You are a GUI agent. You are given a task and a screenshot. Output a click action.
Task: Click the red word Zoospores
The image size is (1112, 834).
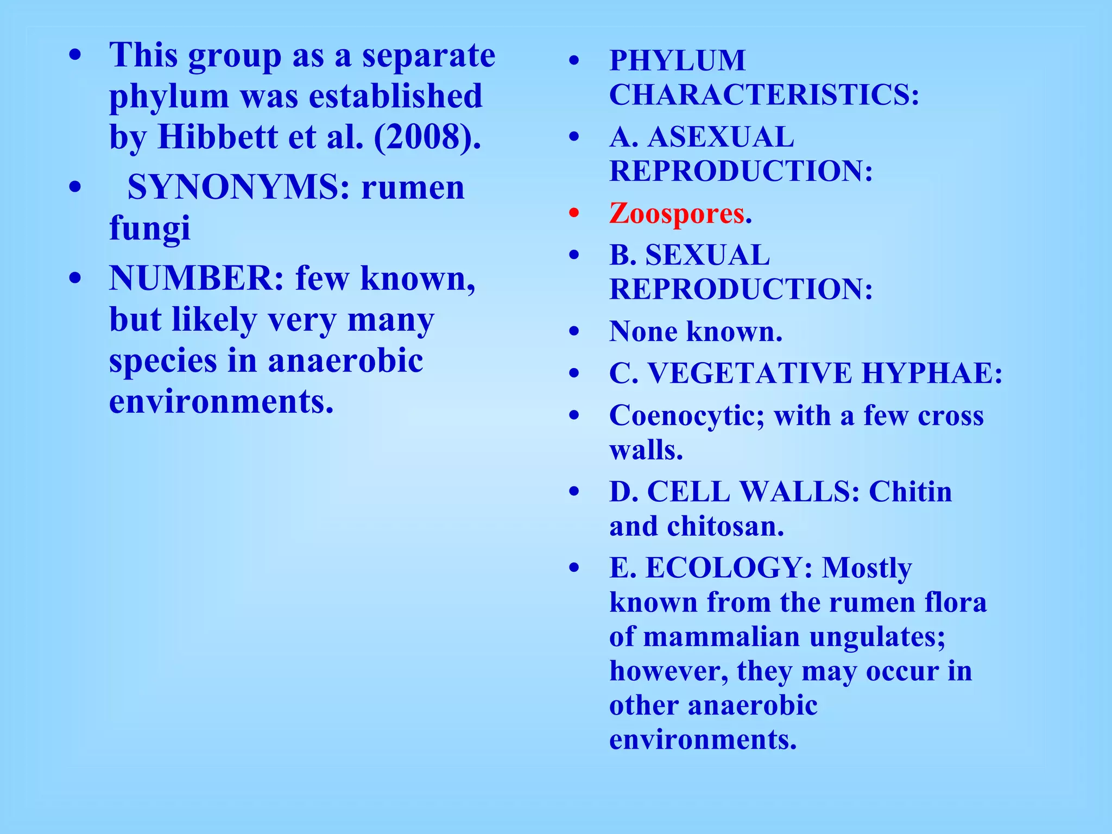point(677,213)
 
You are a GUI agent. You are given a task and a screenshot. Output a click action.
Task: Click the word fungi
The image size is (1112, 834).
point(150,228)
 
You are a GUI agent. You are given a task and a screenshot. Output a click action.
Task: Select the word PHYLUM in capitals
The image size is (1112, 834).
point(678,60)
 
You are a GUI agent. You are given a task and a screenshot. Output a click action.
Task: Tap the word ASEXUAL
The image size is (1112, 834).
point(721,137)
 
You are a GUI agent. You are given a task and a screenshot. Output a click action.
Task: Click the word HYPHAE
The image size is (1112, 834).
point(932,374)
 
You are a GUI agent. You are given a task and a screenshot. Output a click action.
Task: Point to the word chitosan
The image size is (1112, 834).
point(725,526)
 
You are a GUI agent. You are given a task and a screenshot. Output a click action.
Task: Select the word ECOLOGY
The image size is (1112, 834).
point(729,568)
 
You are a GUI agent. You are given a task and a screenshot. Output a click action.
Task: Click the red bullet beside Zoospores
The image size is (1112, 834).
point(574,213)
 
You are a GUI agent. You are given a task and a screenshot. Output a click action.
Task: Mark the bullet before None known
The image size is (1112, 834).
point(574,331)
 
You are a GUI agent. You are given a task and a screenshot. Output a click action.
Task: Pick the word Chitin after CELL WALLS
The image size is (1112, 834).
point(911,492)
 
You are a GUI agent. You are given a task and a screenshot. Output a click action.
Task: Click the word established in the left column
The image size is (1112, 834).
point(396,96)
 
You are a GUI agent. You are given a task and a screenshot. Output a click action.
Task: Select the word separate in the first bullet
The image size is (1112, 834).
point(429,55)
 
